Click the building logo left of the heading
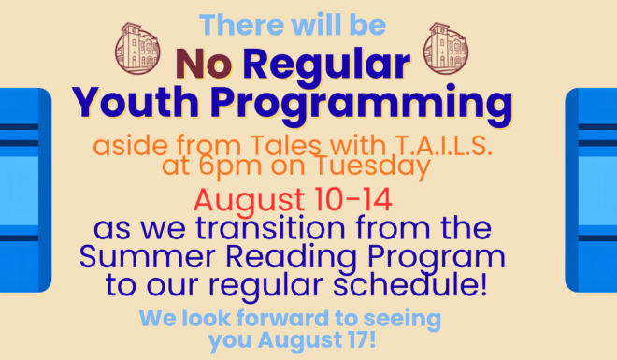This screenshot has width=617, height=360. click(x=137, y=49)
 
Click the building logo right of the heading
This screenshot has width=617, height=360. click(x=446, y=49)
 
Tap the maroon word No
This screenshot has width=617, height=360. click(x=204, y=64)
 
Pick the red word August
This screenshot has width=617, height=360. click(x=249, y=201)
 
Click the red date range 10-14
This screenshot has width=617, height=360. click(x=352, y=200)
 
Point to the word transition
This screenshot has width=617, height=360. click(x=270, y=228)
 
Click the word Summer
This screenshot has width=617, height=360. click(x=147, y=257)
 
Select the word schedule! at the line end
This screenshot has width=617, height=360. click(x=410, y=284)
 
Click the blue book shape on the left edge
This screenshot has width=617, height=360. click(x=25, y=190)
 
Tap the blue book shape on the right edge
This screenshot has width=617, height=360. click(x=591, y=190)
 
